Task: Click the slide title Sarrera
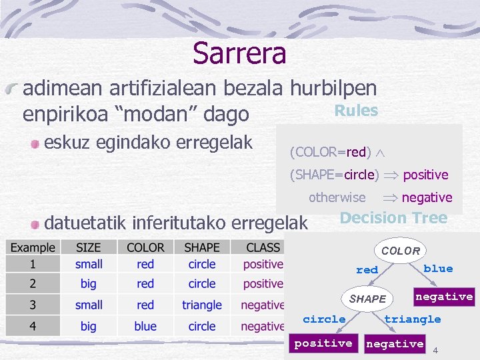click(239, 53)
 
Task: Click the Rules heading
click(356, 111)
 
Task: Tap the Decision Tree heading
click(393, 218)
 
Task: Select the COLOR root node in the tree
click(401, 251)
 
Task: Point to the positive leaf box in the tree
click(323, 343)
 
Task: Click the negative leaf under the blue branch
click(444, 296)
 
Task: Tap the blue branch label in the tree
click(438, 269)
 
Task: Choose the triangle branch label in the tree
click(413, 319)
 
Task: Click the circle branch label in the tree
click(324, 319)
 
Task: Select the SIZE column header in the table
click(89, 247)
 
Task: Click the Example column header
click(33, 247)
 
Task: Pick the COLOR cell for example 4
click(145, 326)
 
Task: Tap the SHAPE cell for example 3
click(201, 305)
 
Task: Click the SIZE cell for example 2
click(89, 284)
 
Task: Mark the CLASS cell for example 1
click(263, 264)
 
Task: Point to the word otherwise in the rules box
click(337, 197)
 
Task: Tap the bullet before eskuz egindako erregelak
click(34, 143)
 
